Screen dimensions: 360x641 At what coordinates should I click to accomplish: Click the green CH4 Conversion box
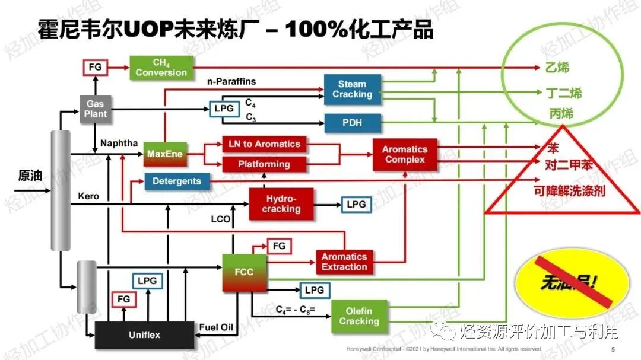161,68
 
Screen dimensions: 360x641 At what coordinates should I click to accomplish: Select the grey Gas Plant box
95,109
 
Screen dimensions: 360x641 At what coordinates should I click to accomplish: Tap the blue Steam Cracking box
352,90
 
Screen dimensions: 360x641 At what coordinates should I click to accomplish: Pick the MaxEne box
164,154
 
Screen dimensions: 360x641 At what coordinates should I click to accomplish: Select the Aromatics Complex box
404,154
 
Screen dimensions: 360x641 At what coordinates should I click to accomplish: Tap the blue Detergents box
177,181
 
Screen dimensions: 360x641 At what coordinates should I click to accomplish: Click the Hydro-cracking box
281,204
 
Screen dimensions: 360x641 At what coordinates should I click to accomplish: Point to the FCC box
244,272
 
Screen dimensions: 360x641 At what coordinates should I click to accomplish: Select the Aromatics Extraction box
344,262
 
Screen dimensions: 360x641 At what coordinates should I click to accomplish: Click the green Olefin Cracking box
359,316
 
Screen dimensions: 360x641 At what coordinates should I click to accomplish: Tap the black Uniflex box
144,335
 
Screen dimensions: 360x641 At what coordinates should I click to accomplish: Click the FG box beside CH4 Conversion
95,68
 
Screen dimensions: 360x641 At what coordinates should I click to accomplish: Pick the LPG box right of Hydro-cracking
356,205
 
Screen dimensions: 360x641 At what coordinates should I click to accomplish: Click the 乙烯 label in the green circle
557,68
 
